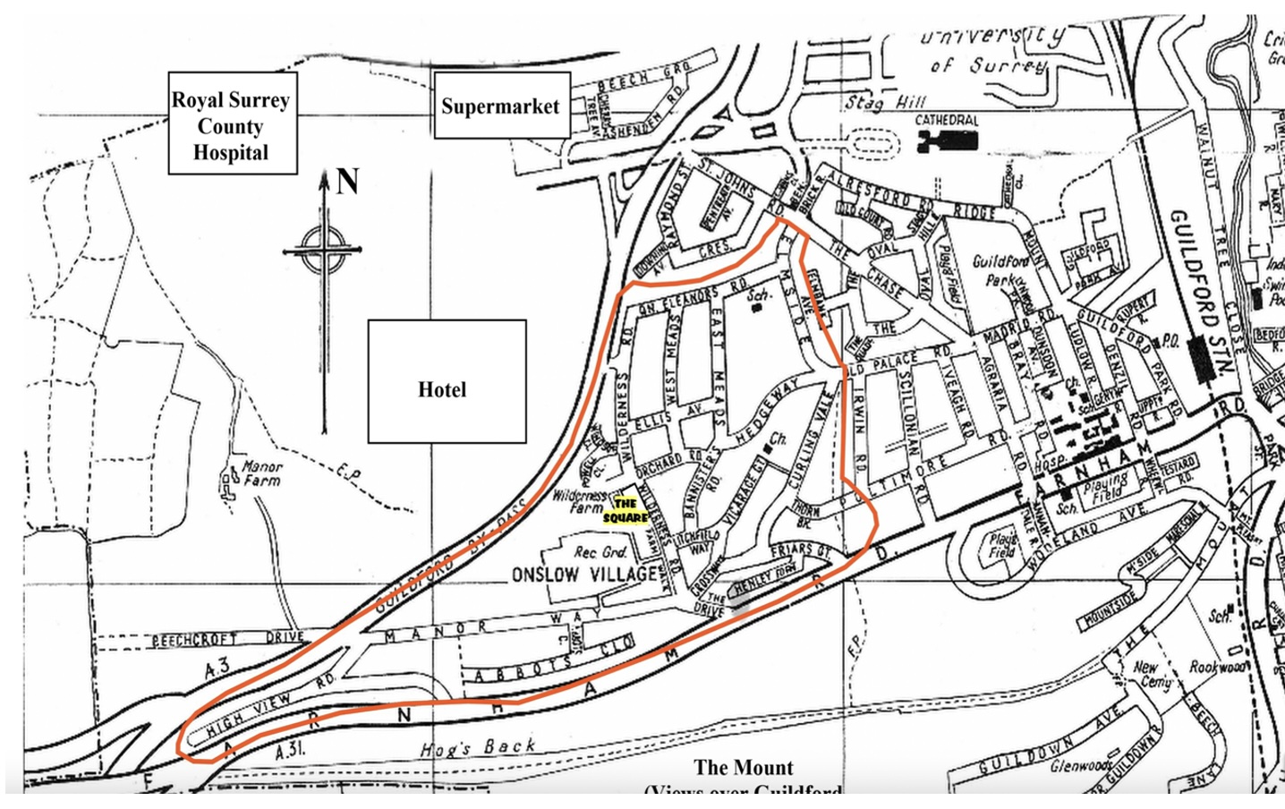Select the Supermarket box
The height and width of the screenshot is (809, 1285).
click(500, 106)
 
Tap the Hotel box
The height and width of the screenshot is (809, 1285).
click(446, 381)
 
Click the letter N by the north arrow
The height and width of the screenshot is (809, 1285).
click(347, 182)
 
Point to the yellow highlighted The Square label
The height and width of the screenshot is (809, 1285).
click(625, 511)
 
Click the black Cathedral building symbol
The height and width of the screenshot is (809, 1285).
click(948, 140)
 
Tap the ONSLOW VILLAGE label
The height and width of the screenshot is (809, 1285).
click(584, 574)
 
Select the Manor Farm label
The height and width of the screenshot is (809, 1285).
click(261, 473)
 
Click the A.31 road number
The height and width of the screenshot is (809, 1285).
click(290, 751)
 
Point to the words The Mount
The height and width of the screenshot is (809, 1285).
click(744, 767)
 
